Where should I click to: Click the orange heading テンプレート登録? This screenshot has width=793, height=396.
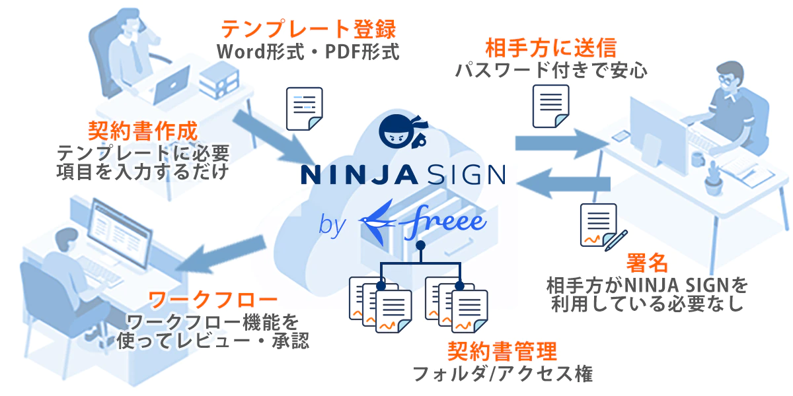coord(308,29)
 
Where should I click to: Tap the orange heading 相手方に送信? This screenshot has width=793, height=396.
coord(550,48)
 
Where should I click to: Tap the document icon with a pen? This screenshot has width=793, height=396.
coord(602,225)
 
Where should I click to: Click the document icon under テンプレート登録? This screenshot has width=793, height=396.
coord(304,108)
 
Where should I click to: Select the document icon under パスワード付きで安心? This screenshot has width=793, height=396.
coord(551,107)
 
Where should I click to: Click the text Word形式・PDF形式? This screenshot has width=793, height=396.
coord(308,51)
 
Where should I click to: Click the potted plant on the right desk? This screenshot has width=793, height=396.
coord(712,178)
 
